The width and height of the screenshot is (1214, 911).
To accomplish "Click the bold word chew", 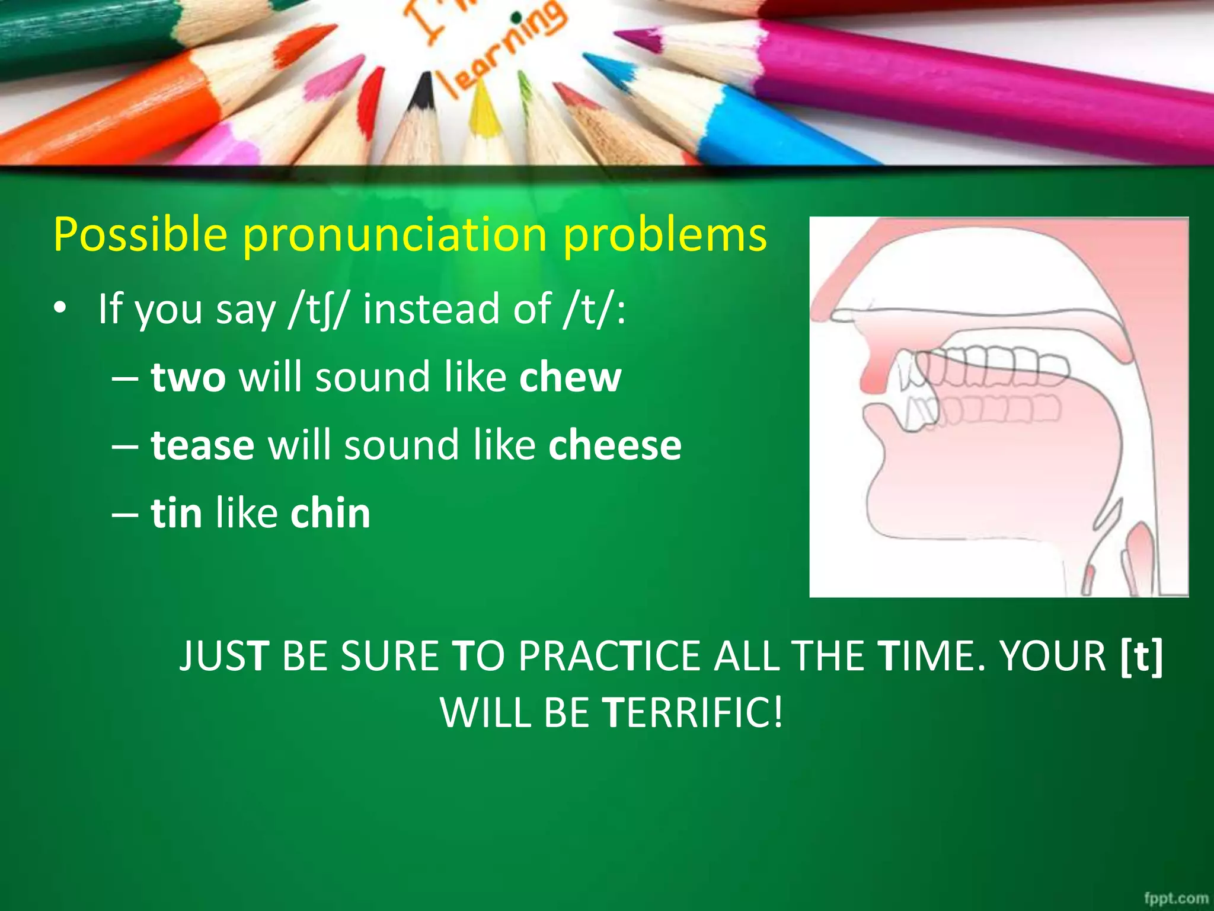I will (570, 378).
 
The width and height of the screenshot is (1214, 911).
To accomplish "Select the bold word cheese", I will (615, 445).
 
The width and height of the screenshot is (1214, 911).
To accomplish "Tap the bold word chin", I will (330, 514).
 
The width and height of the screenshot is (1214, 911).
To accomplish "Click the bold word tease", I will (203, 445).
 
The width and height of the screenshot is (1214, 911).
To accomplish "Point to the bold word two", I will (188, 378).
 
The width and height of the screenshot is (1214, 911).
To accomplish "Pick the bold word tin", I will (176, 514).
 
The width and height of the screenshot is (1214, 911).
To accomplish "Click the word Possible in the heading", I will (140, 235).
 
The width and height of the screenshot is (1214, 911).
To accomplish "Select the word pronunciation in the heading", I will (395, 235).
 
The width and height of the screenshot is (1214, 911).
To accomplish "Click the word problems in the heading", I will (664, 235).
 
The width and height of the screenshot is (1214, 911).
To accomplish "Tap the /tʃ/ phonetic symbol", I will (315, 310).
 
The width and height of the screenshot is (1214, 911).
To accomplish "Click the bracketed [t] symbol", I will (1142, 656).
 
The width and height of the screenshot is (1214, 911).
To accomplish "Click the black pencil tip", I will (423, 89).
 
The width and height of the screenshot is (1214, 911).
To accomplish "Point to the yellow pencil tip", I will (484, 110).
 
